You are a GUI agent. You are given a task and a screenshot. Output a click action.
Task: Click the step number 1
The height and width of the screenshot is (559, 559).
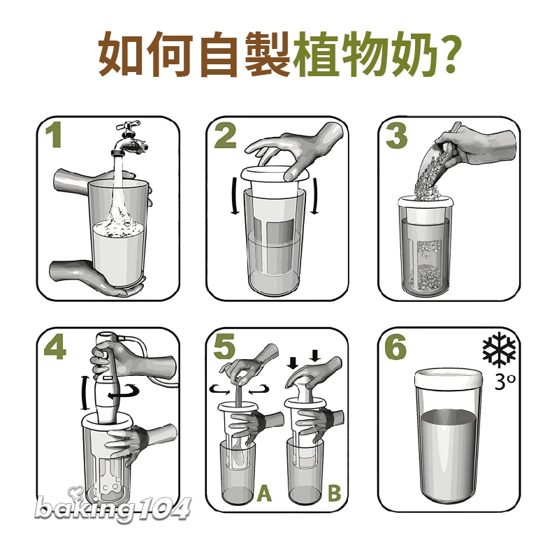(55, 136)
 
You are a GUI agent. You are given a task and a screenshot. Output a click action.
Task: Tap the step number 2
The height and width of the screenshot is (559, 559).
(225, 136)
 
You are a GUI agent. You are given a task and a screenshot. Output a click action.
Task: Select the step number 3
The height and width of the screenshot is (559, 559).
(396, 136)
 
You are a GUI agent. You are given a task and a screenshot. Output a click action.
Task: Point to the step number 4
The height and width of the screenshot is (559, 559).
(55, 347)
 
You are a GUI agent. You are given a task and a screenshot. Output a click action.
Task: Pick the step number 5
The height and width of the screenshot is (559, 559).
(224, 347)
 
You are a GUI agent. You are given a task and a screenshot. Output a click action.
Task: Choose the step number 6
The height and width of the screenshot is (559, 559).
(395, 347)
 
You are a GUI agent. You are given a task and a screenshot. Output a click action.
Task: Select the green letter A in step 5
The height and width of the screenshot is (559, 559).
(264, 493)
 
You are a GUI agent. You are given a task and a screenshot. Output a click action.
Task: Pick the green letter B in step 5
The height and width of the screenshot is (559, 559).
(334, 493)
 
